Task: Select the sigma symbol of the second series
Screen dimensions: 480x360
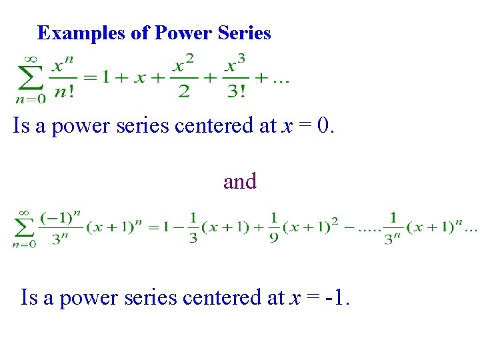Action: pyautogui.click(x=25, y=229)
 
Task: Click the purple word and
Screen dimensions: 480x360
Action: pyautogui.click(x=240, y=181)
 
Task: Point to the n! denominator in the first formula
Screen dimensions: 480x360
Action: pyautogui.click(x=64, y=91)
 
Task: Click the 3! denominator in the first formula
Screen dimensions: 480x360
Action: pyautogui.click(x=237, y=91)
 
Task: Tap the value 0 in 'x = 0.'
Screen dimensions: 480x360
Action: pyautogui.click(x=325, y=125)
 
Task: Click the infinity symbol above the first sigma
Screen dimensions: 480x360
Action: pyautogui.click(x=31, y=59)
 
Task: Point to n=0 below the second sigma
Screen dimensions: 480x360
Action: pyautogui.click(x=24, y=245)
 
